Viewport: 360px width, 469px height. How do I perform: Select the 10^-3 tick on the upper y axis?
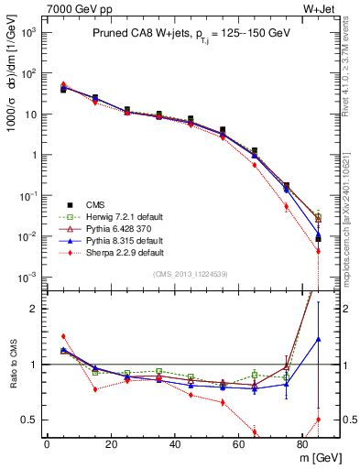tap(29, 277)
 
